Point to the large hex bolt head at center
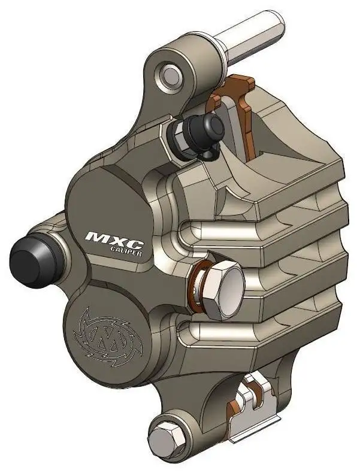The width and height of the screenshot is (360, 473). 225,290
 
